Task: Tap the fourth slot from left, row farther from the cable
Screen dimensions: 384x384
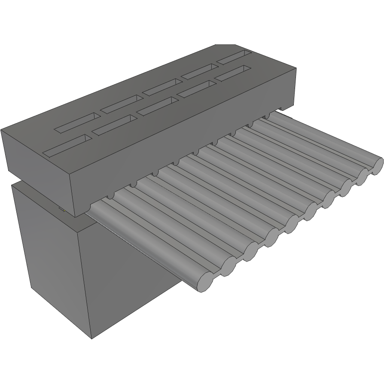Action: click(198, 71)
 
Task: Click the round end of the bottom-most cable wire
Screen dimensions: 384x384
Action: click(205, 281)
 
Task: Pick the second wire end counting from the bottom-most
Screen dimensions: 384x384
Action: click(228, 267)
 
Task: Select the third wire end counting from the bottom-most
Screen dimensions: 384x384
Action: click(250, 252)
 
